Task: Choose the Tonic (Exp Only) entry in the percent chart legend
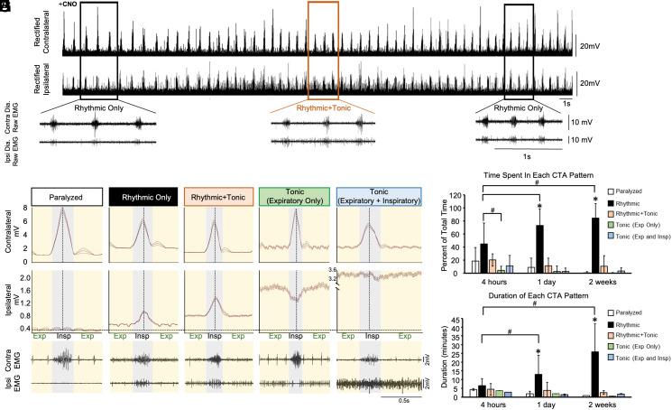637,222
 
